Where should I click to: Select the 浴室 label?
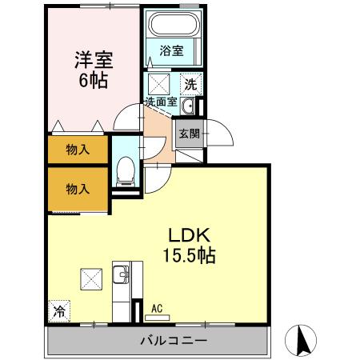point(170,50)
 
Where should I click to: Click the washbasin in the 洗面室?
point(189,107)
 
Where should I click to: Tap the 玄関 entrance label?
point(190,134)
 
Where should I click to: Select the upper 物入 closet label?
point(77,149)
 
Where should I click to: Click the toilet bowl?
point(124,170)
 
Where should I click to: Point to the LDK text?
point(190,236)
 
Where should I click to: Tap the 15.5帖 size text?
point(190,257)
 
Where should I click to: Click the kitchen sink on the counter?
point(122,276)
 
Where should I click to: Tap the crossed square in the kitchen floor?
point(89,279)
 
